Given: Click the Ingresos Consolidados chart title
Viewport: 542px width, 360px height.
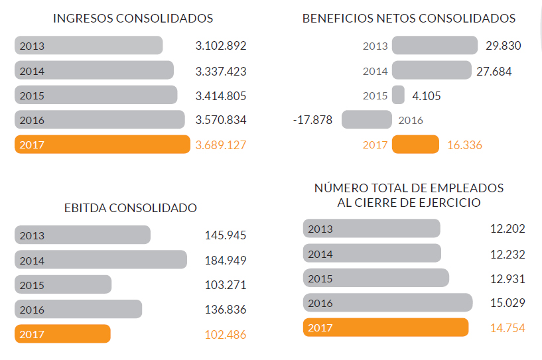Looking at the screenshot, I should pyautogui.click(x=133, y=19).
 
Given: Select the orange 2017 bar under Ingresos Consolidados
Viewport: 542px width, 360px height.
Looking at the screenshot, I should pyautogui.click(x=102, y=145).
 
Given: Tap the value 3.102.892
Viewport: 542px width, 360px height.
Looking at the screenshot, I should pyautogui.click(x=221, y=46).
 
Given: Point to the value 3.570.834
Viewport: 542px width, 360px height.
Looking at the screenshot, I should pyautogui.click(x=221, y=120).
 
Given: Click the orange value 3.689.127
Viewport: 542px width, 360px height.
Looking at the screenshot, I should pyautogui.click(x=221, y=145).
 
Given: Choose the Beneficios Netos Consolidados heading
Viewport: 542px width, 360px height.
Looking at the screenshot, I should pyautogui.click(x=409, y=19).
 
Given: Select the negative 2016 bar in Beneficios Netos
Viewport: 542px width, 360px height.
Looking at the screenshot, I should pyautogui.click(x=367, y=120).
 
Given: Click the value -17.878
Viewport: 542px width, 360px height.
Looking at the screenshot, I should pyautogui.click(x=312, y=120).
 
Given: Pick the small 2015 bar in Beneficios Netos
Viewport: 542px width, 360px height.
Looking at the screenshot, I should pyautogui.click(x=398, y=95).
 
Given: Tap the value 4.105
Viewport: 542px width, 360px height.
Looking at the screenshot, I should pyautogui.click(x=427, y=95).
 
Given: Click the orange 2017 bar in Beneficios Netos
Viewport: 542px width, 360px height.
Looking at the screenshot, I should pyautogui.click(x=415, y=145).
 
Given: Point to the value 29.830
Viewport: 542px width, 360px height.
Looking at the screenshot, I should pyautogui.click(x=504, y=46).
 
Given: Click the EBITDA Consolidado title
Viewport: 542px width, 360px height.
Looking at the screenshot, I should pyautogui.click(x=131, y=208).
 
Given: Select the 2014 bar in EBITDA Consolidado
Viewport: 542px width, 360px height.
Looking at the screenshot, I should pyautogui.click(x=101, y=260).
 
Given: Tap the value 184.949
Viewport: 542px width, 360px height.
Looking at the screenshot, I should pyautogui.click(x=226, y=260).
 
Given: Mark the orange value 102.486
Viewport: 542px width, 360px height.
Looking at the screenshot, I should pyautogui.click(x=226, y=335).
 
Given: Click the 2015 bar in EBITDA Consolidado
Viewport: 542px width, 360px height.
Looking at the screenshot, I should pyautogui.click(x=63, y=285).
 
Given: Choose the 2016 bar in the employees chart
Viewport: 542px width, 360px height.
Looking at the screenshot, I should pyautogui.click(x=388, y=303).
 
